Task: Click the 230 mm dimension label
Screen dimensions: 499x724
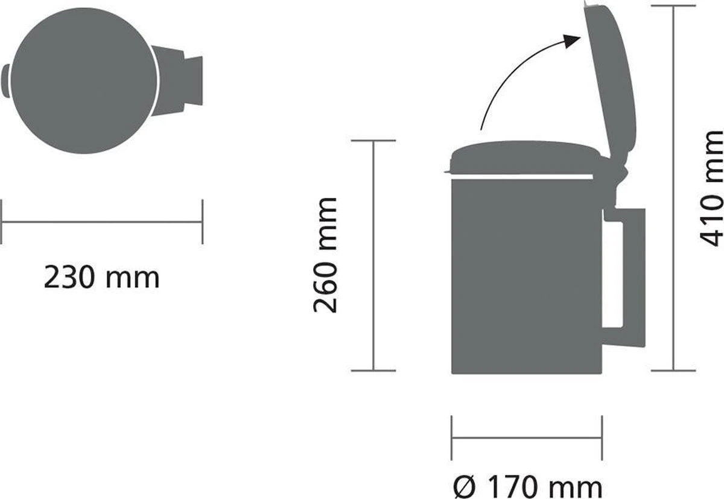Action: (101, 278)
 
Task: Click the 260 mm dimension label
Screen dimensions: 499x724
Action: (326, 254)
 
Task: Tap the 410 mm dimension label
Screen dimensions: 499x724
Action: (711, 188)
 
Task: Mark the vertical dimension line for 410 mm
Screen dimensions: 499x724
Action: (673, 187)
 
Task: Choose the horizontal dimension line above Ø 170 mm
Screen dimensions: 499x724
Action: (526, 438)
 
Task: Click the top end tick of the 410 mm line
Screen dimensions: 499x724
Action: (673, 6)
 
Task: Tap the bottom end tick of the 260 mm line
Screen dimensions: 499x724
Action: (373, 370)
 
